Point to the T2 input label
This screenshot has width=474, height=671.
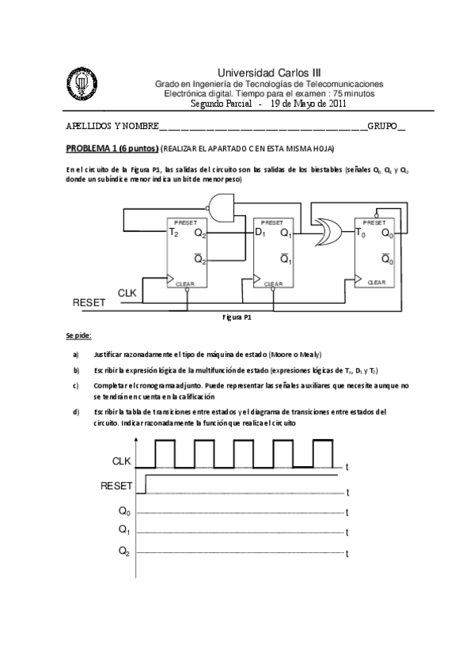[x=173, y=233]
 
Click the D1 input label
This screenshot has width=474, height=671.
[x=259, y=233]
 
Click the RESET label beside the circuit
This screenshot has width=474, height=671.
[x=88, y=302]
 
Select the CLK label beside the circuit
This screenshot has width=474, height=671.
[x=127, y=293]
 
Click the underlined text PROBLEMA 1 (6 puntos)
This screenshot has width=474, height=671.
[x=112, y=148]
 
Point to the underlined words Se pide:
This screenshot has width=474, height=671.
[x=79, y=336]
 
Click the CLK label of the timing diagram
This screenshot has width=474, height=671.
[x=122, y=461]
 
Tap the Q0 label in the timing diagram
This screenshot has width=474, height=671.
[x=124, y=511]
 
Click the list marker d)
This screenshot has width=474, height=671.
[x=76, y=411]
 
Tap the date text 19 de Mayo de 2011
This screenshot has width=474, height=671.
[x=308, y=104]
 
